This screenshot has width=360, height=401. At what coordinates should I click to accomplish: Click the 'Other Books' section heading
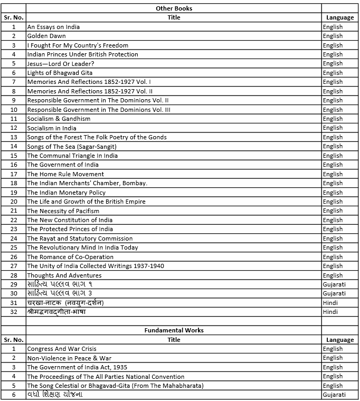[x=174, y=8]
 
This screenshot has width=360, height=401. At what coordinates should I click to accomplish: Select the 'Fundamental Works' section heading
[x=174, y=330]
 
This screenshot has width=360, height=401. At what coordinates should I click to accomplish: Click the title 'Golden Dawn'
[x=47, y=36]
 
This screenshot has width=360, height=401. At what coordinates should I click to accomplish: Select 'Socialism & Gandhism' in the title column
[x=59, y=119]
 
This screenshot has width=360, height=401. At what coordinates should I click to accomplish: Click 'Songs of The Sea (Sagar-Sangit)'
[x=72, y=146]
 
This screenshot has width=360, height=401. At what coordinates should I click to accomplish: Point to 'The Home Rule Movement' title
[x=65, y=174]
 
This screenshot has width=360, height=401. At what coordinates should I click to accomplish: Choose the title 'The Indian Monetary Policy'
[x=67, y=193]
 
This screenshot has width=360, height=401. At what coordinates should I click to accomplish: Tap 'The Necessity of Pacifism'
[x=63, y=211]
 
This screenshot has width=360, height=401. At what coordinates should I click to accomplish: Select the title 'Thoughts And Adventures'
[x=64, y=275]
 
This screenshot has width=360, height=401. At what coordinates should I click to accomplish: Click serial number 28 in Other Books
[x=14, y=275]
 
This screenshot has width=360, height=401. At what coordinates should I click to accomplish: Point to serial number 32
[x=14, y=312]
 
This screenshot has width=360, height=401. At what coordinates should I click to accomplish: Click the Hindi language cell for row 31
[x=330, y=303]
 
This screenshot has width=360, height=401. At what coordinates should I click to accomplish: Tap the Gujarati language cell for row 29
[x=334, y=284]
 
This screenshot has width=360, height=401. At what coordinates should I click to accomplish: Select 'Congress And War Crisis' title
[x=62, y=349]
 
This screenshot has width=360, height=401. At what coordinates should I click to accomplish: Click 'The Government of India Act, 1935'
[x=77, y=367]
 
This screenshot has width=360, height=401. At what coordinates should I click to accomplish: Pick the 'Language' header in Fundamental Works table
[x=340, y=340]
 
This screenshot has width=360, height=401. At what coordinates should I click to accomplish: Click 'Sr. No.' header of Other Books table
[x=14, y=17]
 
